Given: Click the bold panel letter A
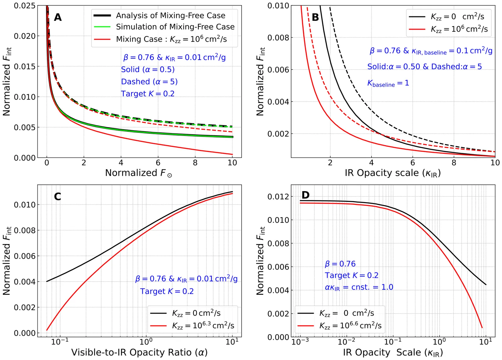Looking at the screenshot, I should [x=58, y=17].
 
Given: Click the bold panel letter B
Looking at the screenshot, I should [x=315, y=18].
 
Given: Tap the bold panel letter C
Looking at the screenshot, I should [x=57, y=196].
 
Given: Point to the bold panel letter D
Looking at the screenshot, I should [x=305, y=195].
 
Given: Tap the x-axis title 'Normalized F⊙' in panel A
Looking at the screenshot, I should [x=138, y=173].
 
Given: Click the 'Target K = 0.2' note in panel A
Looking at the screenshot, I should [x=148, y=94].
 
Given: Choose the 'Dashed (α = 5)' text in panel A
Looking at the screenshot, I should [x=149, y=82].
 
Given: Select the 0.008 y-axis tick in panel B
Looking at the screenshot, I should [x=278, y=38].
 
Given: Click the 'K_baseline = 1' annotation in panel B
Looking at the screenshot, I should [x=388, y=83].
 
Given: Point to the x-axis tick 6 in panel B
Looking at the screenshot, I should [x=413, y=163].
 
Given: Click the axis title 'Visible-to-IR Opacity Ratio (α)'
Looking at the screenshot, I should [x=139, y=352].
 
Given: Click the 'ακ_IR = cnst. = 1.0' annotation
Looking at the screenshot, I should [x=359, y=287].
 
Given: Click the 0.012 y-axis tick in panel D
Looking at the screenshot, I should [x=278, y=197].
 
